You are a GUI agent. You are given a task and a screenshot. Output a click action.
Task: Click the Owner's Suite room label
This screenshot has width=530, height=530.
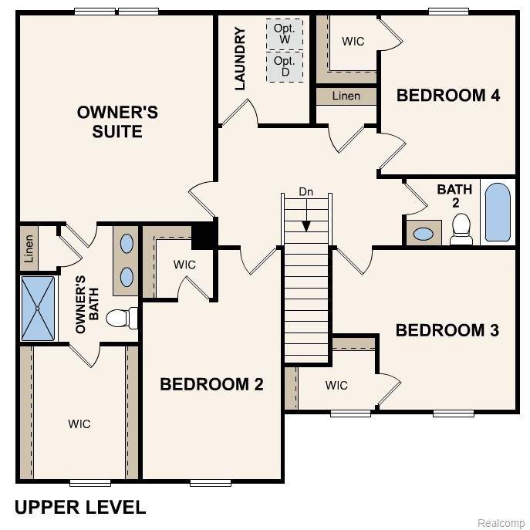point(117,122)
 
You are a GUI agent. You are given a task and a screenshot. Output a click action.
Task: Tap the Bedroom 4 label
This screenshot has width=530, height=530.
point(448,96)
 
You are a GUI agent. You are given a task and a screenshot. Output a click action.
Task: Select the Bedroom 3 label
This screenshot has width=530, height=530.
point(447,330)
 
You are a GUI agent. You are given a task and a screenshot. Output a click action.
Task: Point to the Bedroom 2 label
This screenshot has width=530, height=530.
point(211,384)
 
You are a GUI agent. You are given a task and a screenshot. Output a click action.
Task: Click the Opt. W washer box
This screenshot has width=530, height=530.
point(285,34)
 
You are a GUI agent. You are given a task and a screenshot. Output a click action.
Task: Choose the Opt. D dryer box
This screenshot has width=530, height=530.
point(285,66)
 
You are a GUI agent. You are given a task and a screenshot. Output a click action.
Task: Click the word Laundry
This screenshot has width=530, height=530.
point(240,59)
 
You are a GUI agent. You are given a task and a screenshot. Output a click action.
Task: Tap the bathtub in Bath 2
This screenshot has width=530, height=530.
point(498,212)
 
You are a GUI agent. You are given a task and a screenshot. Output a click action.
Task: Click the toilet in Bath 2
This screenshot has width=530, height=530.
point(461,228)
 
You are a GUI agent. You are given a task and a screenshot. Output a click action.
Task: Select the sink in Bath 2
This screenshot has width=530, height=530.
point(423,233)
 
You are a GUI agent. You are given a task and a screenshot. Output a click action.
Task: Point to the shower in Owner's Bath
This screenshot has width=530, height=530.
point(38,309)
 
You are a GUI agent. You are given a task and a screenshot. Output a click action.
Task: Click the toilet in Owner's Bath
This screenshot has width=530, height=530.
point(123,317)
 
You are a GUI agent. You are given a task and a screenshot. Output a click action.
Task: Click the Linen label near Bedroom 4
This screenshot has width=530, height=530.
point(346,96)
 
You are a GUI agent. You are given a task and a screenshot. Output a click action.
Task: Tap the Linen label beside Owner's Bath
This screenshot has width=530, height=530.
point(29,248)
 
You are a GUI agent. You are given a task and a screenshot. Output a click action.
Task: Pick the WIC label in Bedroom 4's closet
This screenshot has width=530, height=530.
point(353,42)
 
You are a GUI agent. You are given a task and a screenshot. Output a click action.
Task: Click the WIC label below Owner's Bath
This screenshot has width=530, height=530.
point(79,424)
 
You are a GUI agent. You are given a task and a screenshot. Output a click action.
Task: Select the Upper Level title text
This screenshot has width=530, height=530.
point(80,507)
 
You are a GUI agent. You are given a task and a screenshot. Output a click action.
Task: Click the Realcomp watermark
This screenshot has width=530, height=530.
point(501,523)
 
